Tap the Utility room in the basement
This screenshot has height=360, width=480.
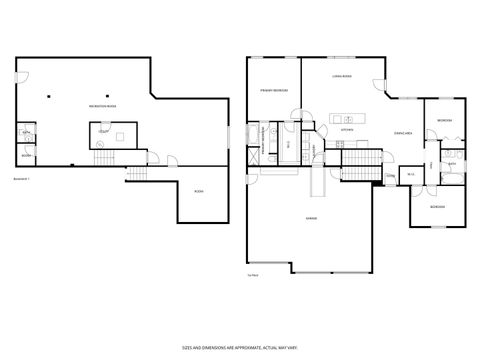(x=103, y=131)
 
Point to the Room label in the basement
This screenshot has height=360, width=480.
(x=199, y=191)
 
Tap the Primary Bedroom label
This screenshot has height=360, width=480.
(x=274, y=90)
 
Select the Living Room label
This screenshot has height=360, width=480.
(x=345, y=76)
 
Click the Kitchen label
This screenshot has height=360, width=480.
(x=346, y=130)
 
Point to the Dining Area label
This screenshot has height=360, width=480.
(x=404, y=132)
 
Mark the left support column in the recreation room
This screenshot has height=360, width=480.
(x=48, y=95)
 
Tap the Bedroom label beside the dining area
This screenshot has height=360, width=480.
(x=444, y=121)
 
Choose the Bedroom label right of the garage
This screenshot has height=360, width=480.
(x=437, y=207)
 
